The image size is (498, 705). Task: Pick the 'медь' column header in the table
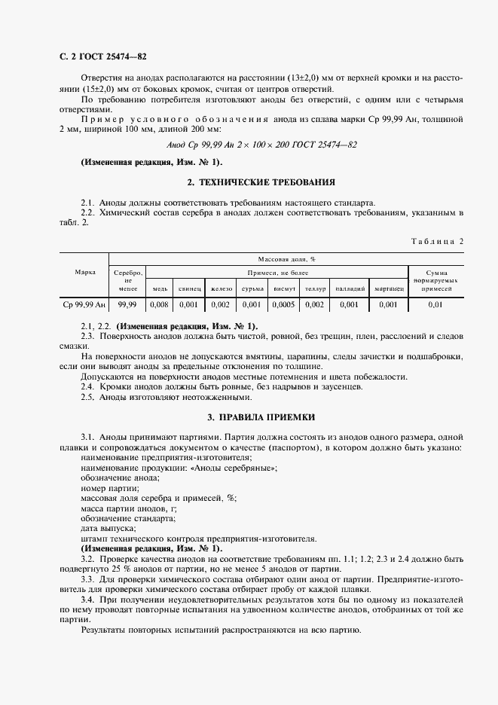coord(160,288)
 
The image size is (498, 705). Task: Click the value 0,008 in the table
coord(160,304)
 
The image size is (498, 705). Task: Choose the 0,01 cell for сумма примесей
coord(435,304)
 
